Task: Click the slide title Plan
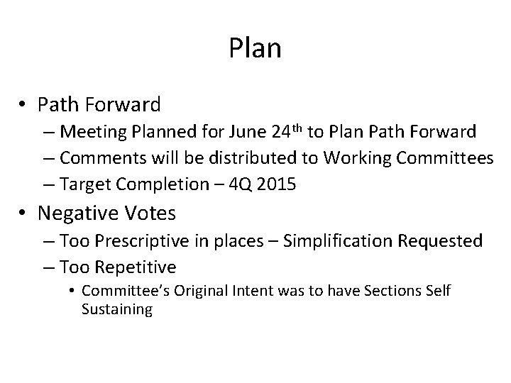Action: pos(255,49)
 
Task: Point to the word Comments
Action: pos(100,157)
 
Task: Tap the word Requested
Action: pos(439,240)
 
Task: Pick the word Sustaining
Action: pos(117,309)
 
